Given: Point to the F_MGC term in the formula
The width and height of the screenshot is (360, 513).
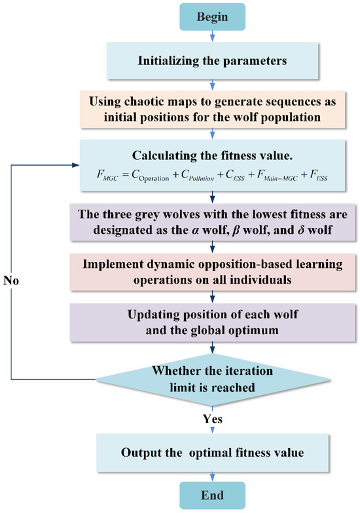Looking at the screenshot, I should click(105, 176).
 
